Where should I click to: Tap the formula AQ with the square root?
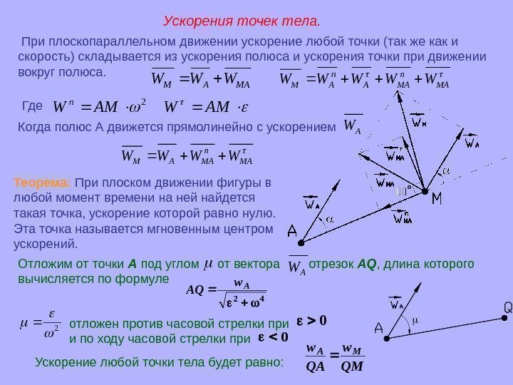(x=225, y=291)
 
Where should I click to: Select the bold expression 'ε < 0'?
(x=276, y=337)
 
